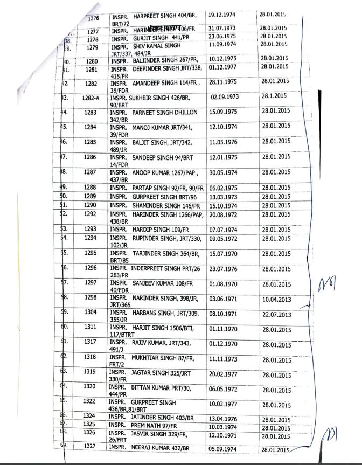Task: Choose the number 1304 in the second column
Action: [89, 311]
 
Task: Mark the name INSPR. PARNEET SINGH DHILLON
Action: [154, 113]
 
